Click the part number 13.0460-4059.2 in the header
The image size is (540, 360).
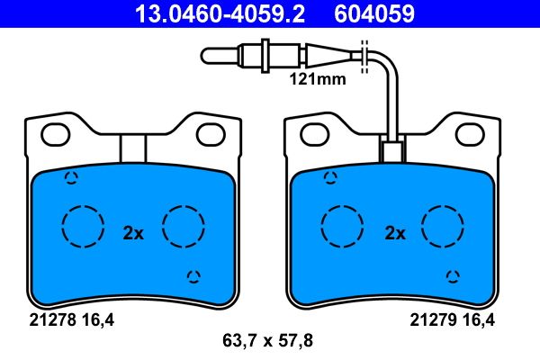click(220, 13)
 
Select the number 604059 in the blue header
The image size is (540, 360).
click(374, 13)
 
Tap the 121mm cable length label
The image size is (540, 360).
click(318, 79)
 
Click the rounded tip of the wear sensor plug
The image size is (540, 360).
click(204, 56)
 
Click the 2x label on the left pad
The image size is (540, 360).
click(133, 233)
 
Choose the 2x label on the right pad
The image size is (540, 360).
click(395, 233)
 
